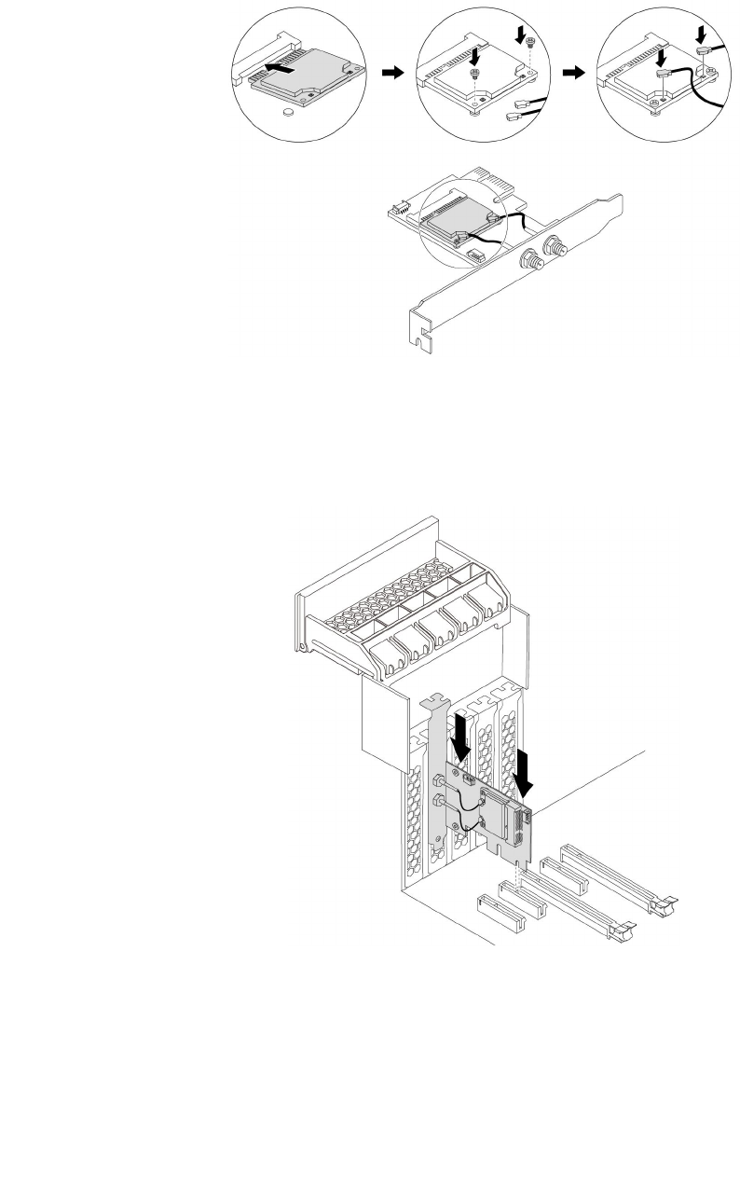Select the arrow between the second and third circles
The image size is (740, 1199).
[576, 73]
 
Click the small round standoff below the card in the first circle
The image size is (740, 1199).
[289, 109]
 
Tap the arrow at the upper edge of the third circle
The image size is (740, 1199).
[701, 35]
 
